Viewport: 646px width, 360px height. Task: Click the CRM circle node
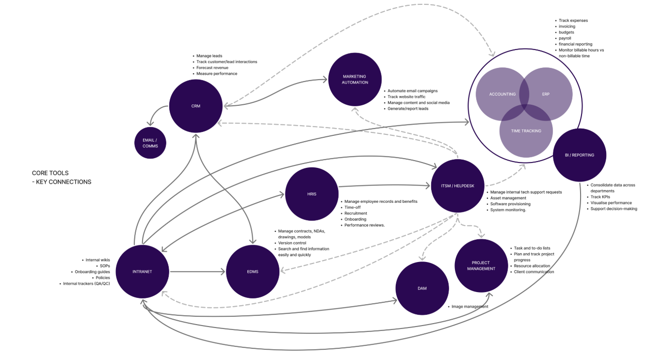coord(195,106)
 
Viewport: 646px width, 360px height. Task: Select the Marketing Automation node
coord(355,80)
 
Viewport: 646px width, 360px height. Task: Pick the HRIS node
coord(312,194)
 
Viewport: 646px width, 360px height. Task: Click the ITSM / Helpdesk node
coord(457,185)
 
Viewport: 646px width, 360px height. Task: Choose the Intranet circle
coord(142,271)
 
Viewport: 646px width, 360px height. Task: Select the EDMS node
coord(252,271)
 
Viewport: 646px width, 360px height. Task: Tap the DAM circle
coord(422,288)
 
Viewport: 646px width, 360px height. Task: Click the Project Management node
coord(481,265)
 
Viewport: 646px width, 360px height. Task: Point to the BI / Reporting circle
coord(579,155)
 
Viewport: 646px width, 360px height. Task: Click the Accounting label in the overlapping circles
coord(502,94)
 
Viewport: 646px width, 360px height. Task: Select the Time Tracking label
coord(526,131)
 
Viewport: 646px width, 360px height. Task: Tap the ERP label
coord(545,94)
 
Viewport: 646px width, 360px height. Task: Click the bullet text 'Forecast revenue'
coord(212,68)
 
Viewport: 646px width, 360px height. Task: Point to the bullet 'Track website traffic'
coord(406,97)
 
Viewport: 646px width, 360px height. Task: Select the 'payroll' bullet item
coord(565,38)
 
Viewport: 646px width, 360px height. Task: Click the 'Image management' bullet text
coord(469,307)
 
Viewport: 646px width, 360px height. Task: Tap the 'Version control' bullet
coord(292,243)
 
